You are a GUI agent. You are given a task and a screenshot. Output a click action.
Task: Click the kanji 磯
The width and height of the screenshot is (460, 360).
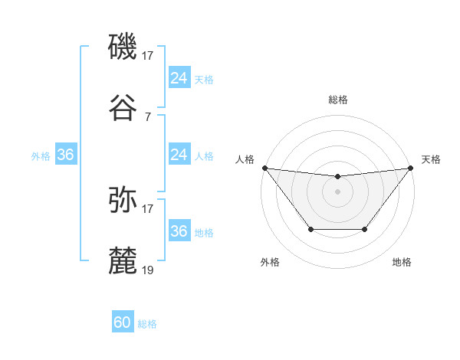pyautogui.click(x=123, y=47)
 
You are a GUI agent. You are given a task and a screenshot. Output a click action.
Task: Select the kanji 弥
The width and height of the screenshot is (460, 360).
pyautogui.click(x=123, y=200)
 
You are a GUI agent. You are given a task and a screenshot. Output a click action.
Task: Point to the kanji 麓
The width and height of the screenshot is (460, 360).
pyautogui.click(x=123, y=261)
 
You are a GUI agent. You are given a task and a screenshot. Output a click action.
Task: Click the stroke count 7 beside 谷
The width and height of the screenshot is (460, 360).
pyautogui.click(x=148, y=116)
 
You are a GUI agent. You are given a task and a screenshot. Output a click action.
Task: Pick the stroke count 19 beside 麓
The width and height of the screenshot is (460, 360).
pyautogui.click(x=148, y=270)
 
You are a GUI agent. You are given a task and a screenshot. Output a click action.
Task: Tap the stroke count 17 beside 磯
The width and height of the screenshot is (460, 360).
pyautogui.click(x=148, y=55)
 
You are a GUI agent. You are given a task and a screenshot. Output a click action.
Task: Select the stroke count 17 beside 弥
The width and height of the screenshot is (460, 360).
pyautogui.click(x=148, y=208)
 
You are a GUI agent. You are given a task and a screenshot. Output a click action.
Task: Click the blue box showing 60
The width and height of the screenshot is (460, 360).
pyautogui.click(x=123, y=322)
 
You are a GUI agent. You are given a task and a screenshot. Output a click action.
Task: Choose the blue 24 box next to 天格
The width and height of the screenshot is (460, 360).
pyautogui.click(x=179, y=78)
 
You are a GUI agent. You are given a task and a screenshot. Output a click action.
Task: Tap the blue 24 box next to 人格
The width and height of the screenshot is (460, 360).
pyautogui.click(x=179, y=155)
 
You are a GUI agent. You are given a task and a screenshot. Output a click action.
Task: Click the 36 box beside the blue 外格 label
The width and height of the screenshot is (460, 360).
pyautogui.click(x=66, y=155)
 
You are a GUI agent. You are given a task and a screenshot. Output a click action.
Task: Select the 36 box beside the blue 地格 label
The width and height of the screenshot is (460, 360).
pyautogui.click(x=179, y=231)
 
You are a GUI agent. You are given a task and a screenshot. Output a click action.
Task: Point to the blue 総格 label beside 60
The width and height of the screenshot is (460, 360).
pyautogui.click(x=147, y=324)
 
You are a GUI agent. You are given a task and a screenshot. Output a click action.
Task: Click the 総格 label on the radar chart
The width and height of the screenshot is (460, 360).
pyautogui.click(x=337, y=100)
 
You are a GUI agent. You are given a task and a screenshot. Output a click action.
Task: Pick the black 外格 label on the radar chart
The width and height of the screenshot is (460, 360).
pyautogui.click(x=270, y=262)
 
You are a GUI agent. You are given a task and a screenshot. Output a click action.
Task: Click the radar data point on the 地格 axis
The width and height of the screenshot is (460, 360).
pyautogui.click(x=365, y=229)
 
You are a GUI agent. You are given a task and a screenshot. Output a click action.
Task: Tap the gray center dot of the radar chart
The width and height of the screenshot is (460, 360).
pyautogui.click(x=337, y=191)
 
